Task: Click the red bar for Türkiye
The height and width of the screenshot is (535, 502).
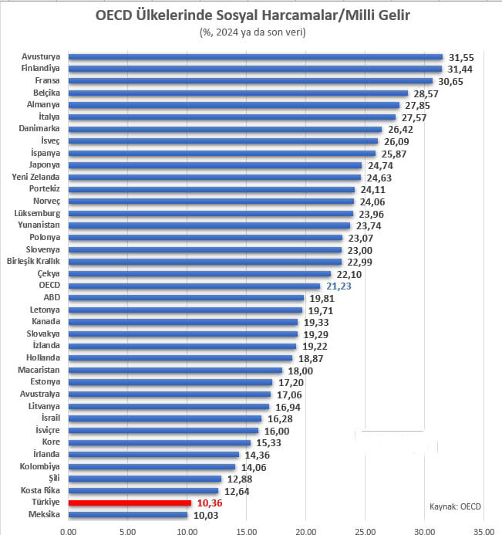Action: pos(130,503)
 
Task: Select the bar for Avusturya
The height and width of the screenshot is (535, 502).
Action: pos(255,56)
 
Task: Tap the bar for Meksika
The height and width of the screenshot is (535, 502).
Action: pos(127,515)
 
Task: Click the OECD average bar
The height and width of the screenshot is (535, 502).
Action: pos(194,286)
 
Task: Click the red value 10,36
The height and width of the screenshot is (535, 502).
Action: pos(209,503)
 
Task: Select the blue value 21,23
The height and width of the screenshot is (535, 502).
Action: pos(339,286)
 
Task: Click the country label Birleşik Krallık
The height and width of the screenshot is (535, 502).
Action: pos(34,262)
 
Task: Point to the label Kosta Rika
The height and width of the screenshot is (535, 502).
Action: pos(40,490)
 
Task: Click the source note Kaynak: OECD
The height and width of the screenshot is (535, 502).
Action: pos(455,506)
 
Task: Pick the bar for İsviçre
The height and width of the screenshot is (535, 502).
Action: pos(163,430)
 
